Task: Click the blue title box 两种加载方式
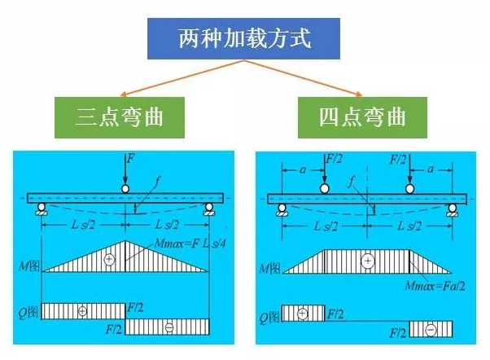pyautogui.click(x=244, y=39)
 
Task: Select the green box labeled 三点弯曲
pyautogui.click(x=120, y=117)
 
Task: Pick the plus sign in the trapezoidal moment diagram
pyautogui.click(x=368, y=261)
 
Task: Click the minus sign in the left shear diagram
pyautogui.click(x=169, y=327)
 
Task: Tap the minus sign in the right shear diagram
pyautogui.click(x=431, y=329)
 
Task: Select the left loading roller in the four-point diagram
pyautogui.click(x=325, y=189)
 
